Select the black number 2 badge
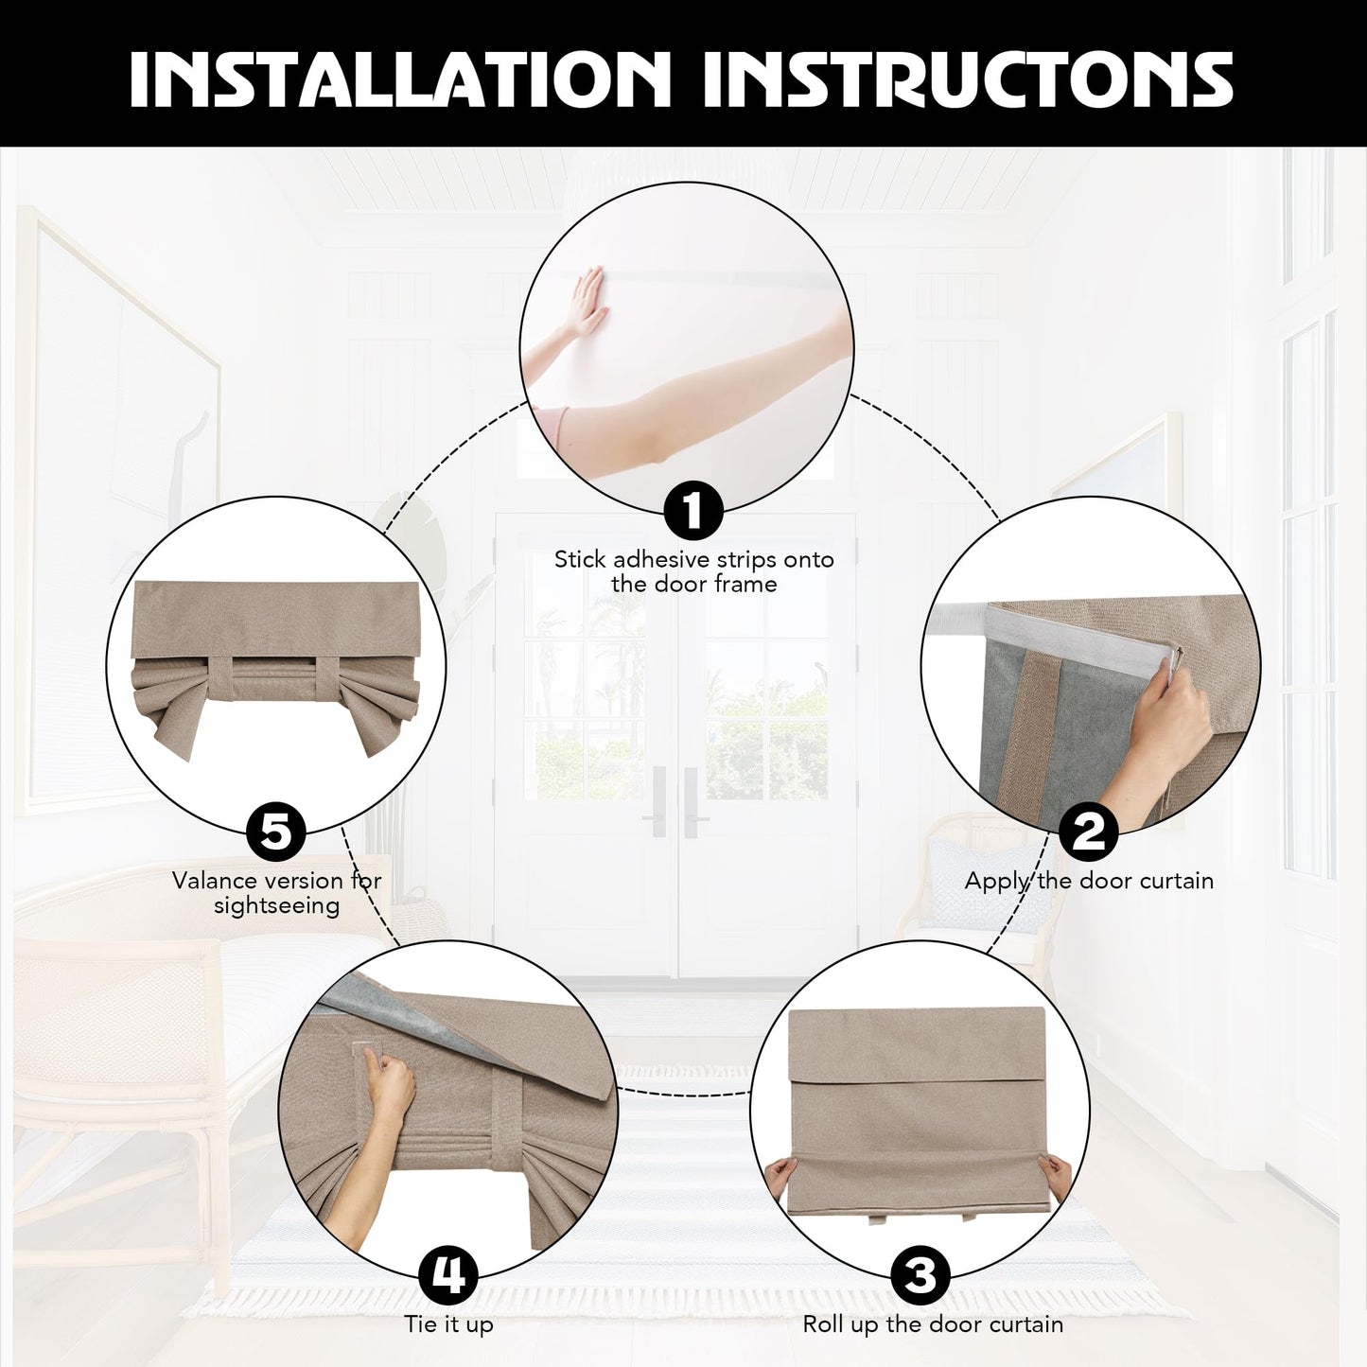1088,832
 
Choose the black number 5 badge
276,832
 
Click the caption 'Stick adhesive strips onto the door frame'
693,571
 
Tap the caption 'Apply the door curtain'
1089,881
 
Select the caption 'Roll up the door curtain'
933,1324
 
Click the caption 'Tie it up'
448,1324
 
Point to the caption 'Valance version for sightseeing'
276,893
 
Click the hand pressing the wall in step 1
587,302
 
